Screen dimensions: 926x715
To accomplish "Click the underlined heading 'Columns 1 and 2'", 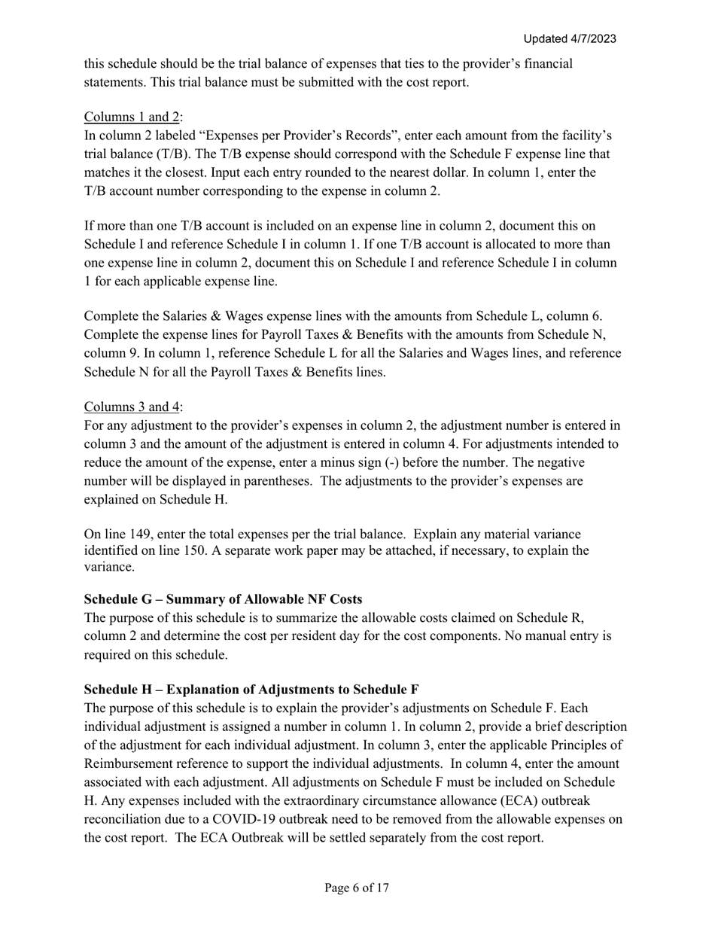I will (132, 117).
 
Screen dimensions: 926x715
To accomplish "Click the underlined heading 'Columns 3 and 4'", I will (132, 407).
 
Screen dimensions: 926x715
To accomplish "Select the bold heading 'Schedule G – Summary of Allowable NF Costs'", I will (223, 599).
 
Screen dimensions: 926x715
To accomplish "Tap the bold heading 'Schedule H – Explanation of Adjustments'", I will (251, 690).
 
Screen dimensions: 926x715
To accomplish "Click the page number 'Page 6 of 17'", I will (357, 888).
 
